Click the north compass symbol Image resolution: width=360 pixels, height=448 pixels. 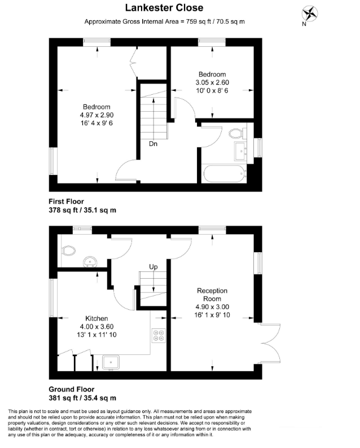tap(309, 14)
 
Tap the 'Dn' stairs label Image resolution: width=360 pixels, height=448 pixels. tap(153, 144)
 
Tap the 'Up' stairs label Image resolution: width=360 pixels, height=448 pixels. tap(153, 266)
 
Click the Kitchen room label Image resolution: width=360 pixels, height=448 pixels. tap(96, 318)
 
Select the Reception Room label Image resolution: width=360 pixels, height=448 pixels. tap(212, 295)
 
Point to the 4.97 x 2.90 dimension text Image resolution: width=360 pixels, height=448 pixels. tap(96, 115)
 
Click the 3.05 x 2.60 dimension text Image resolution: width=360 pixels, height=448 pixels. tap(212, 83)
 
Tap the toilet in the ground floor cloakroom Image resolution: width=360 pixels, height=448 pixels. tap(69, 250)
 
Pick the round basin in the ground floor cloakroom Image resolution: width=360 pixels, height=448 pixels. tap(90, 261)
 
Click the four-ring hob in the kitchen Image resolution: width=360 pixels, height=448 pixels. tap(157, 336)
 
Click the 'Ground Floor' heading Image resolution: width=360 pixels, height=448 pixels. tap(72, 389)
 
